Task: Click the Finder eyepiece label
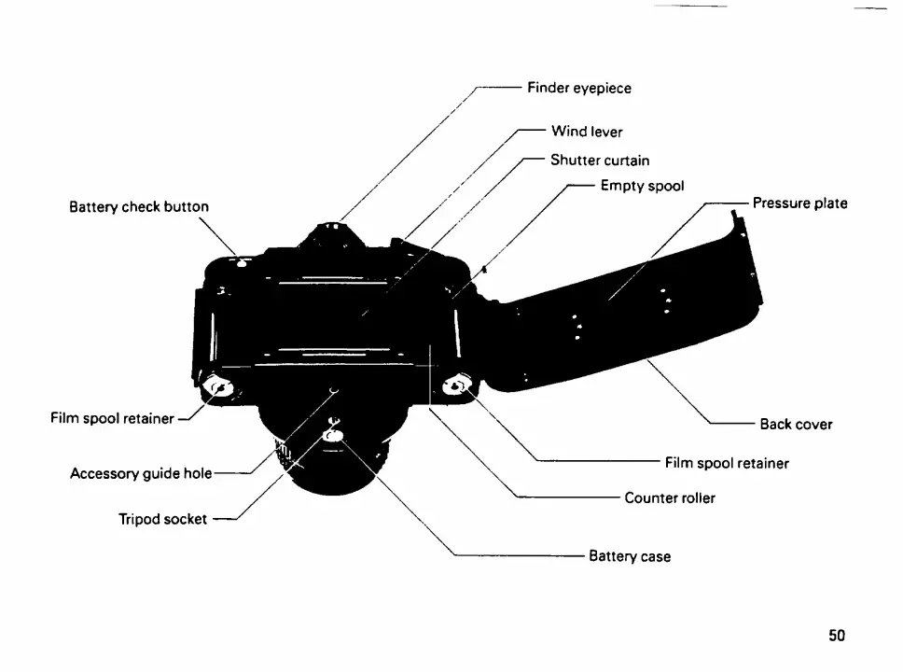coord(578,88)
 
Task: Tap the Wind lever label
coord(586,132)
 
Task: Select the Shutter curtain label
coord(599,160)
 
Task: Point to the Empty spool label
coord(642,186)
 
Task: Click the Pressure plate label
coord(799,203)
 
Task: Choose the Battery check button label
coord(139,206)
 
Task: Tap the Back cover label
coord(795,424)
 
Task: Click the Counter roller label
coord(670,497)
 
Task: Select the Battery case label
coord(629,556)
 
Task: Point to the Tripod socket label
coord(162,519)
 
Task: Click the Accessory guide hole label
coord(141,473)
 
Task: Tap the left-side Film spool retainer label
coord(112,418)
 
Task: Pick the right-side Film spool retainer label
coord(727,462)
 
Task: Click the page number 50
coord(836,636)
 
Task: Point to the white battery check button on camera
coord(242,264)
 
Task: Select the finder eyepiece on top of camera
coord(330,229)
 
